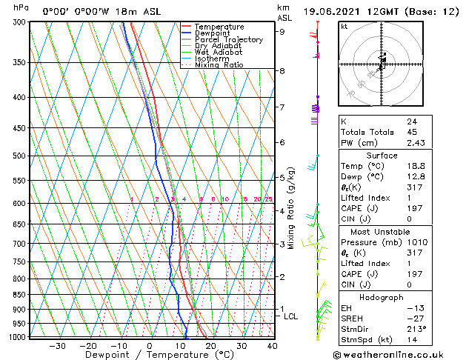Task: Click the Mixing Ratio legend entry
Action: point(219,64)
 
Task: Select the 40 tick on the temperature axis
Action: point(272,345)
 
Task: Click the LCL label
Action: point(291,316)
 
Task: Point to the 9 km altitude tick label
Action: point(282,31)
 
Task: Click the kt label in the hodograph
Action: point(344,26)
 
